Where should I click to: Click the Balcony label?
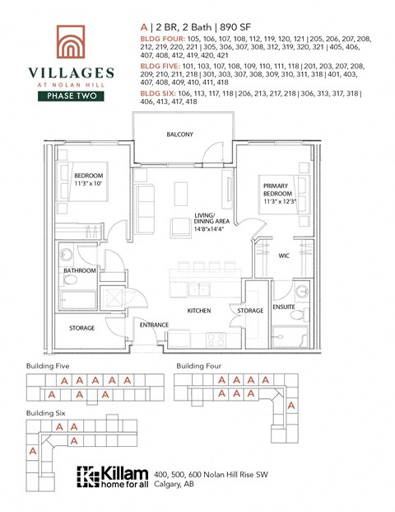click(x=179, y=134)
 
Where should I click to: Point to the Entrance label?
click(x=154, y=325)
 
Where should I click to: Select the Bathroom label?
click(x=80, y=270)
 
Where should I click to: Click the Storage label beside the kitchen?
click(x=250, y=311)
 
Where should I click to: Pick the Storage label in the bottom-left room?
click(x=81, y=328)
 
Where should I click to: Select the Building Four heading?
click(x=199, y=365)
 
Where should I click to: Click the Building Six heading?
click(x=46, y=411)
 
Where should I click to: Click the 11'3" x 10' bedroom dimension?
click(x=89, y=185)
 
